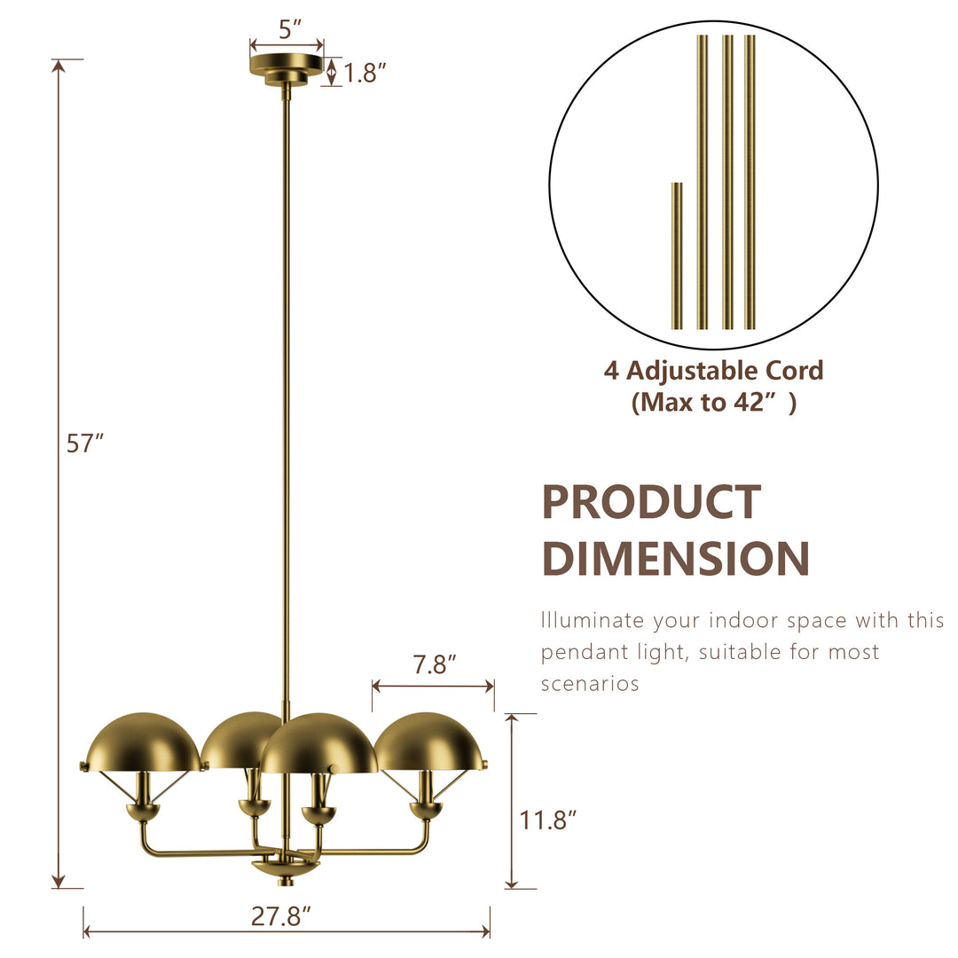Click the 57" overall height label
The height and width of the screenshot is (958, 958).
[85, 444]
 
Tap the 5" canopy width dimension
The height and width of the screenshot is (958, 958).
[286, 29]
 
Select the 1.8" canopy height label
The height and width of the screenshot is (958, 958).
[365, 73]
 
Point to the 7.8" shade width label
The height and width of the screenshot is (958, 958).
[434, 664]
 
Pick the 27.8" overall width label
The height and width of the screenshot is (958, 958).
[281, 917]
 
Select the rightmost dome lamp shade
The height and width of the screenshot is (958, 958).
[430, 740]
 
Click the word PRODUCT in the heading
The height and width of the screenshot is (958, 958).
[651, 502]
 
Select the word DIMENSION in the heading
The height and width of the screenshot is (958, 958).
[675, 559]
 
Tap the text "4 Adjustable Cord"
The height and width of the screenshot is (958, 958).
[713, 370]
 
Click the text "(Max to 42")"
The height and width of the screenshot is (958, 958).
[713, 403]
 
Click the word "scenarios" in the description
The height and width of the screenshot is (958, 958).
[590, 684]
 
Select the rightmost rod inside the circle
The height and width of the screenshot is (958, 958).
[750, 182]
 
